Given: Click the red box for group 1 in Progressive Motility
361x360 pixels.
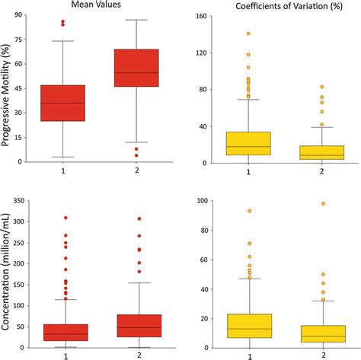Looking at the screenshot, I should tap(63, 103).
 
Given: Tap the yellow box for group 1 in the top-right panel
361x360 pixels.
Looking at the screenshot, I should tap(249, 143).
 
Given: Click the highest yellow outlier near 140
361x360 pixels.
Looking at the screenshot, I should tap(249, 33).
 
